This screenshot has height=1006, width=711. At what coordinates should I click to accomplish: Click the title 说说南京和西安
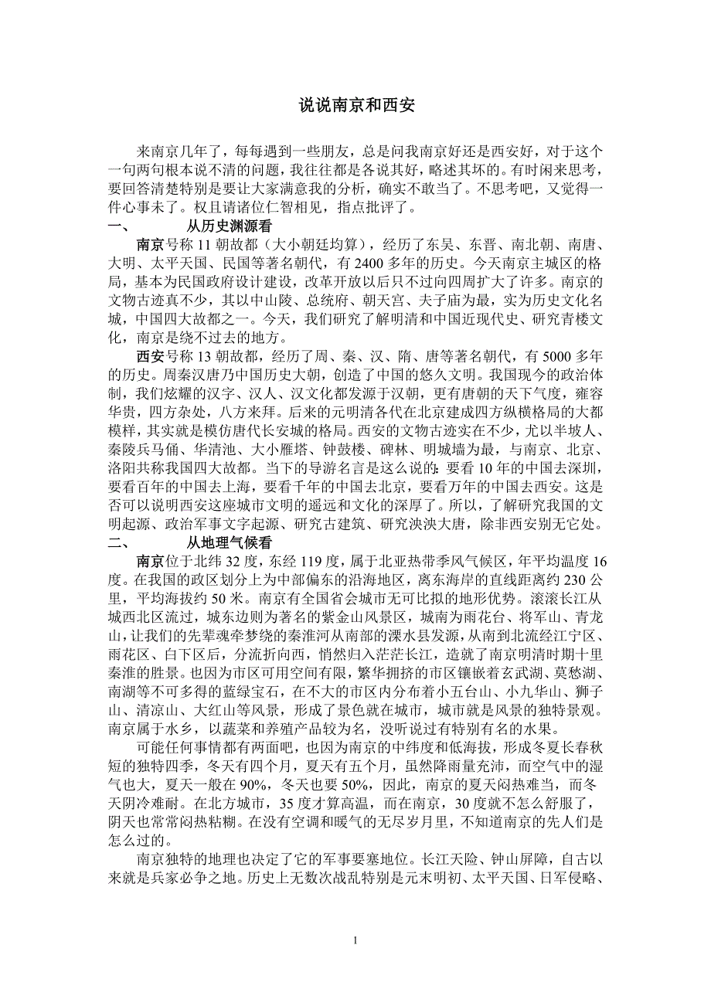coord(357,106)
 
